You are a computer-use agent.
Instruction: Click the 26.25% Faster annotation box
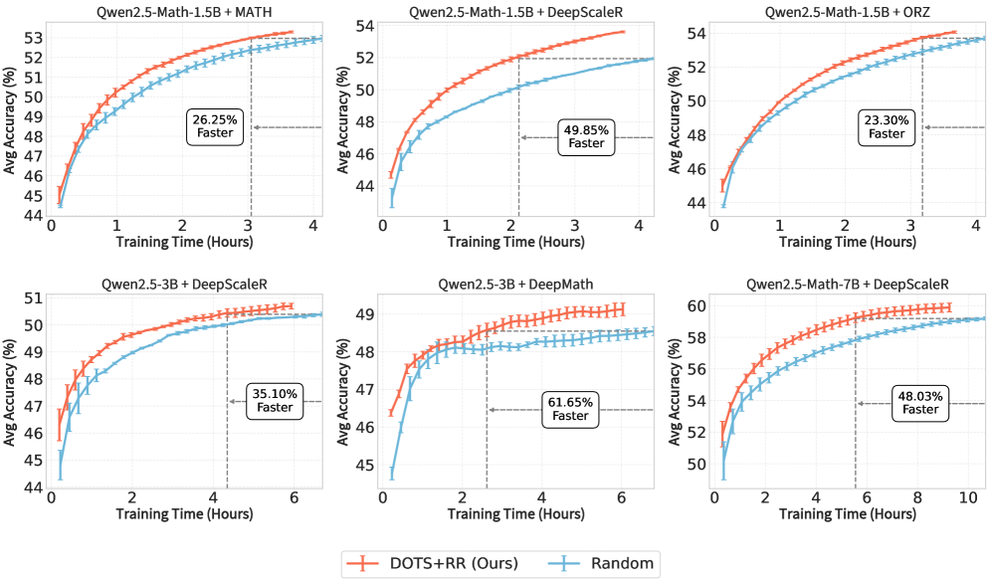pyautogui.click(x=213, y=126)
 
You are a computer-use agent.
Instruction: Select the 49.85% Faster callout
pyautogui.click(x=586, y=136)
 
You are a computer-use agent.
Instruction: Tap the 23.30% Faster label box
pyautogui.click(x=886, y=126)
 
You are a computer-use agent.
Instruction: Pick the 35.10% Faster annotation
pyautogui.click(x=275, y=400)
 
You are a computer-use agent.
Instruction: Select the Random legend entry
pyautogui.click(x=602, y=563)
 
